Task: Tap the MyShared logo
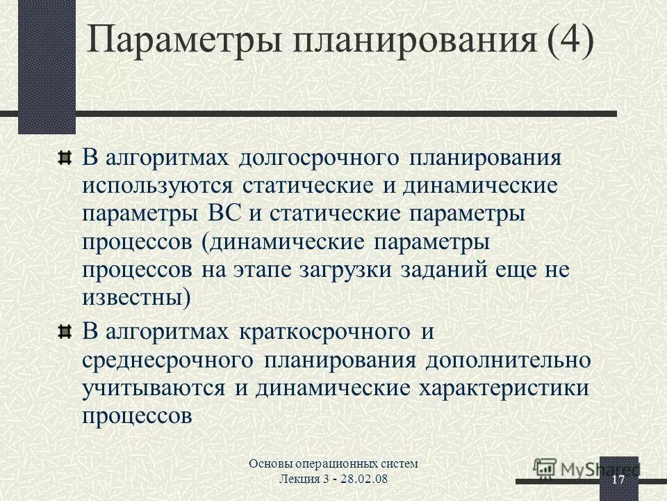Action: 587,469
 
